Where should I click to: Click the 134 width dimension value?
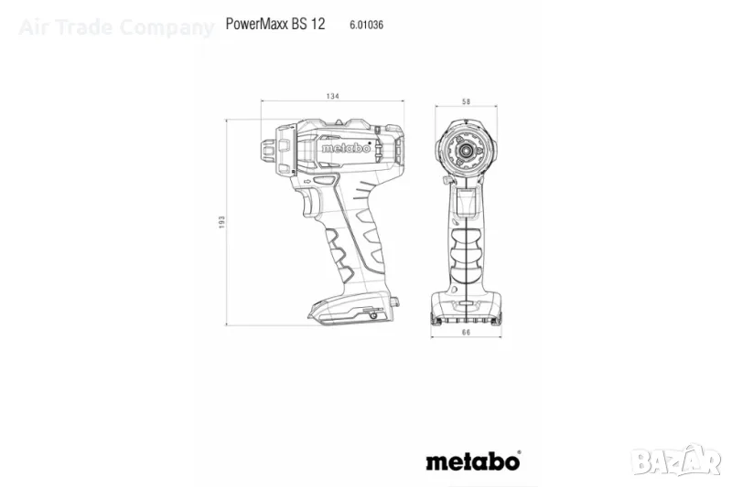[332, 96]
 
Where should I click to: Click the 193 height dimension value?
[221, 222]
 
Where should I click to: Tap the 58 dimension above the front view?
[466, 101]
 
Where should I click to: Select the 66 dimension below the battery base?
[466, 333]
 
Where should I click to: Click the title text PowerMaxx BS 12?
[275, 24]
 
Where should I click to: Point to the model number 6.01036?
[367, 25]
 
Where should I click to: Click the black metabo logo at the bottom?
[473, 461]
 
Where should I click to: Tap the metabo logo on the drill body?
[346, 148]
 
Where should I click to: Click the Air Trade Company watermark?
[116, 27]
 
